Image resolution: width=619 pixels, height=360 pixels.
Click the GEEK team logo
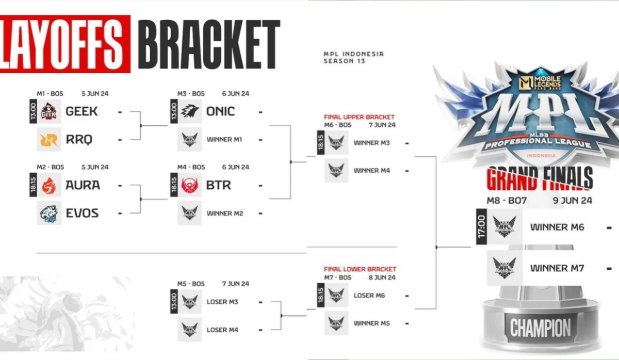pos(49,111)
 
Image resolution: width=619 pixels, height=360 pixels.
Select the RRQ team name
pos(79,139)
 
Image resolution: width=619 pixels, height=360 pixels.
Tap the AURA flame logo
pos(49,185)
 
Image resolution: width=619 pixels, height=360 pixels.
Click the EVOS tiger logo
pos(49,212)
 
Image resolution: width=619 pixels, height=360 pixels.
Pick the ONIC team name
pos(220,111)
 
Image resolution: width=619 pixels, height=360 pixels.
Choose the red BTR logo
pos(189,185)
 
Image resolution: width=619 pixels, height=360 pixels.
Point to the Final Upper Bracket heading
pos(359,117)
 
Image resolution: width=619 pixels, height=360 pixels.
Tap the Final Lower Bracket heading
pos(360,269)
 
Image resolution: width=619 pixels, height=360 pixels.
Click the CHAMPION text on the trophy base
pos(540,328)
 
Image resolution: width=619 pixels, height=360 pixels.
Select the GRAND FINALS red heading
pos(540,179)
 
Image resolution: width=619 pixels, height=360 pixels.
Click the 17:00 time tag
pos(481,226)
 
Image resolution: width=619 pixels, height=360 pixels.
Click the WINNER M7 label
pos(557,268)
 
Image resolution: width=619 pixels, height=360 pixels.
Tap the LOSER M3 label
pos(222,302)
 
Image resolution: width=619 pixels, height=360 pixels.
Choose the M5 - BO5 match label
pos(191,284)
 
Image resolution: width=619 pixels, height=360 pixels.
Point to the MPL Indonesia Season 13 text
pos(353,57)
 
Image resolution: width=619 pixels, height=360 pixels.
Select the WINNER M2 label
pos(224,213)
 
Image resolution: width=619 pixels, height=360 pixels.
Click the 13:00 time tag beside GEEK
pos(33,111)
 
